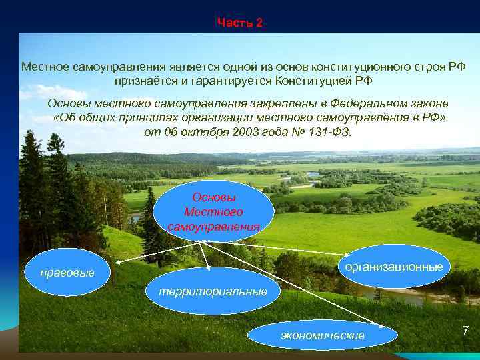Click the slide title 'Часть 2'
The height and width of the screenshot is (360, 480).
(240, 23)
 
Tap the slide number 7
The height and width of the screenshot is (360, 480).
(465, 331)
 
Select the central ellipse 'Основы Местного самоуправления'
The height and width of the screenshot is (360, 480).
(213, 212)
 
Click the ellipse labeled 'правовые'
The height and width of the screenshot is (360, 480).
(67, 273)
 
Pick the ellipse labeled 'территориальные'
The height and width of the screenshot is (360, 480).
(213, 291)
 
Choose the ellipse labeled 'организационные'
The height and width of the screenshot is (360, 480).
(393, 267)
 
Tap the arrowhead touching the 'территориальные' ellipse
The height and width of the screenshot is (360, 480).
(209, 268)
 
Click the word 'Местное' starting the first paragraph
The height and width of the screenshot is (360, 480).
(41, 67)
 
